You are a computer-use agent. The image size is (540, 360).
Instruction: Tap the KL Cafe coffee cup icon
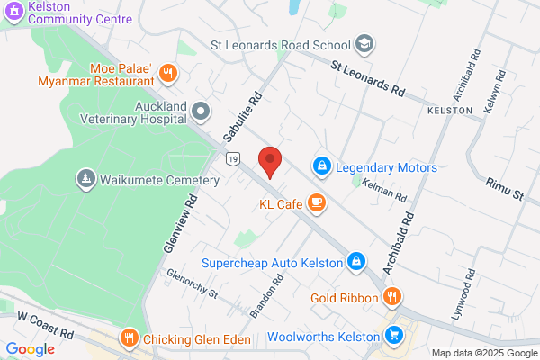316,204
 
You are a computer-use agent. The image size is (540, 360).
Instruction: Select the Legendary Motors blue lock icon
321,167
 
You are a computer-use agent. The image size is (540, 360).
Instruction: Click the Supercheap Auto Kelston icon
356,262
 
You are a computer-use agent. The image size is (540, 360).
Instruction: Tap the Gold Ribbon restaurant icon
391,297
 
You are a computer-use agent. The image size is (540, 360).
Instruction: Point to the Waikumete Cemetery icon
86,180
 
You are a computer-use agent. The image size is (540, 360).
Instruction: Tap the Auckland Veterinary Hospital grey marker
200,112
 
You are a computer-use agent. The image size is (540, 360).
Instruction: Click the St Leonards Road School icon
364,43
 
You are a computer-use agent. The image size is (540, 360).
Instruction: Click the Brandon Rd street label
268,294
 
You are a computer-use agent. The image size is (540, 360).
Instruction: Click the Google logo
30,349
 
